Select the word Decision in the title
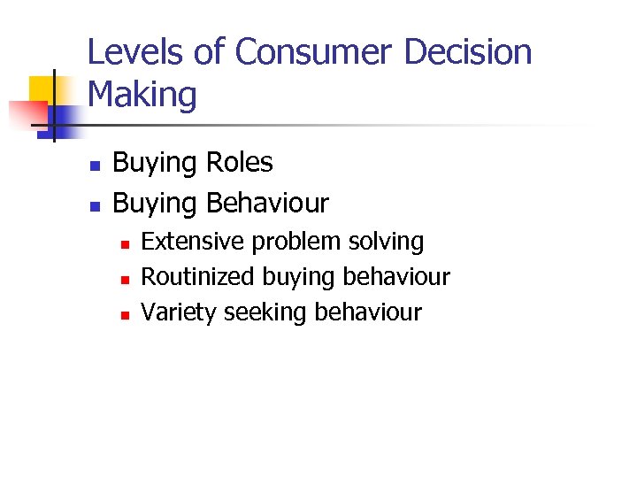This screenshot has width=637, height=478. coord(468,52)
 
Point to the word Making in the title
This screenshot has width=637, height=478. coord(142,94)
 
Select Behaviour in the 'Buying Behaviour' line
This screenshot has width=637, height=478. coord(267,204)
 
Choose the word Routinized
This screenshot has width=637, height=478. coord(198,277)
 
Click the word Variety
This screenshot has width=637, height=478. coord(180,312)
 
